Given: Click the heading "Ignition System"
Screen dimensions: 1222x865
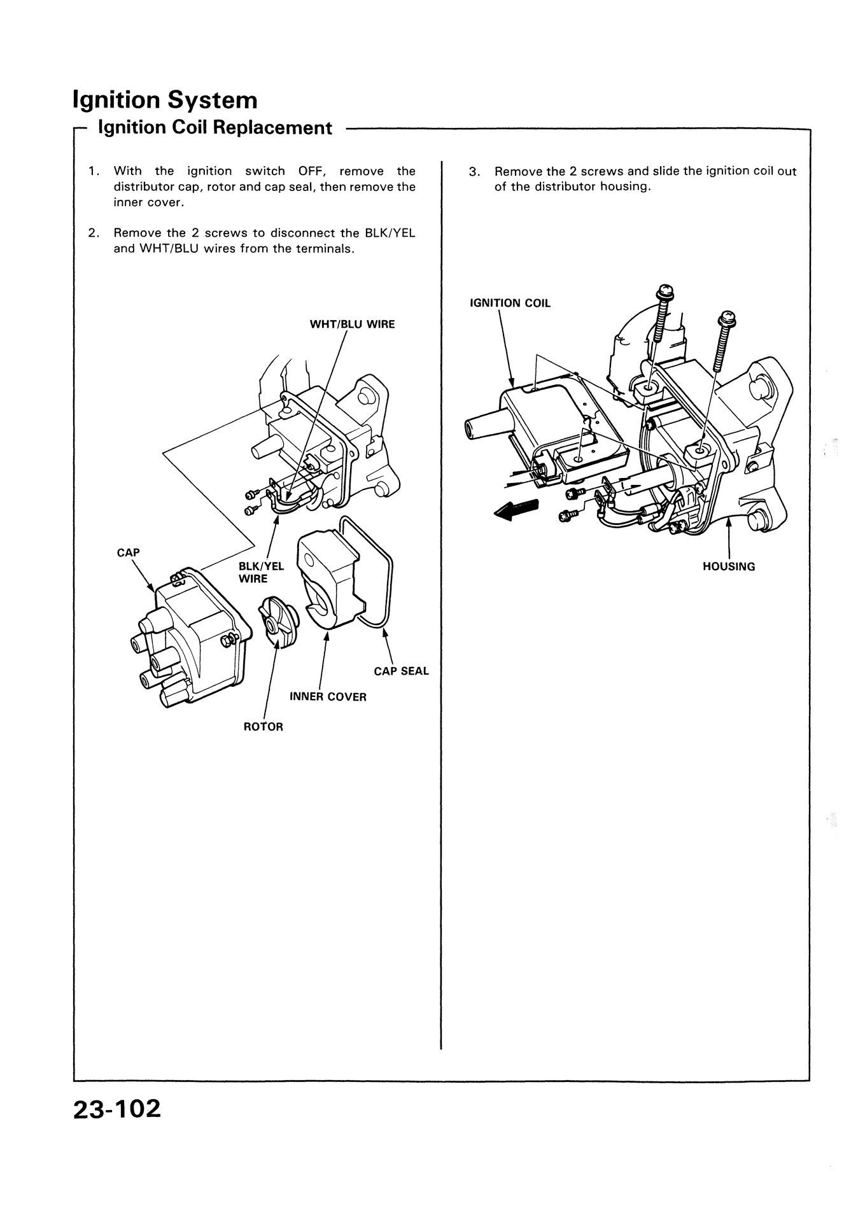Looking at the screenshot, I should coord(165,100).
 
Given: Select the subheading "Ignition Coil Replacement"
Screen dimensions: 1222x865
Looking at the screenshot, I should coord(214,128).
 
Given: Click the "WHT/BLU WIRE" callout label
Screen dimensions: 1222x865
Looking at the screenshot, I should coord(352,324).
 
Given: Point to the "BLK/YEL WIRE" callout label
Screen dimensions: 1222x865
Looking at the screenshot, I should coord(261,572).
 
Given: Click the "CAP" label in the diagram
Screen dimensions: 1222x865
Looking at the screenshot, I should coord(128,552).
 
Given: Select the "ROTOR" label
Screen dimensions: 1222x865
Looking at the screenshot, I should coord(263,727).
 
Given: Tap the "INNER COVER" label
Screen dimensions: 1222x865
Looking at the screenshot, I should coord(328,697).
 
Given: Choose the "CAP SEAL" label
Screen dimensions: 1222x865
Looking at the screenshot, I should coord(401,671).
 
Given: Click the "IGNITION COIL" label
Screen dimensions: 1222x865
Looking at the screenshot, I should coord(510,303).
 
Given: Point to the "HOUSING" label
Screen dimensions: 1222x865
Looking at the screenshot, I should coord(729,566).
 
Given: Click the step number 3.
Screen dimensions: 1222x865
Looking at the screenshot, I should coord(474,171).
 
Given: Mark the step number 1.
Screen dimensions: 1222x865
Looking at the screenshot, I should coord(94,171).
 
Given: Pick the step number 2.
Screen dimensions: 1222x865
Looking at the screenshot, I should coord(94,233).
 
